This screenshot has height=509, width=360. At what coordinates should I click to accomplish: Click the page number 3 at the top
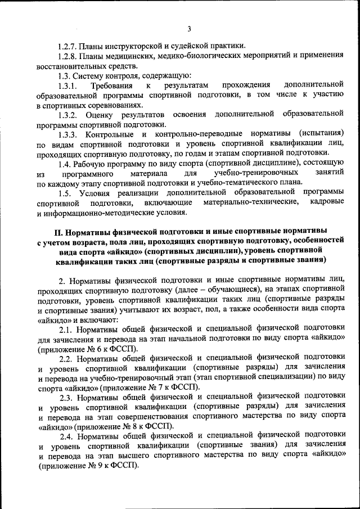click(190, 29)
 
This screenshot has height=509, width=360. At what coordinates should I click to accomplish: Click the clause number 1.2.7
click(68, 46)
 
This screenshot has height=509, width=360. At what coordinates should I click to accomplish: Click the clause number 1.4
click(65, 164)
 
